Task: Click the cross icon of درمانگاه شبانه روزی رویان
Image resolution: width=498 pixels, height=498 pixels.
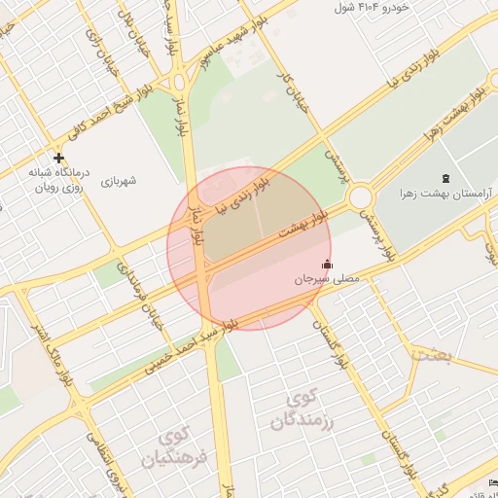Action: pos(59,158)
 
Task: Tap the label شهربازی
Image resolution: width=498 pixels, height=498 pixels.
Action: pos(119,181)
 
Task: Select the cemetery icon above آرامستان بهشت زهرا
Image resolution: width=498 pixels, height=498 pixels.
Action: pos(446,178)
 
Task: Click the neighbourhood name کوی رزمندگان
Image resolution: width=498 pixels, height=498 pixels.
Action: pos(303,409)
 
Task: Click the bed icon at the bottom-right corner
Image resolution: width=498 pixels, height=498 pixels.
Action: pos(492,483)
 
